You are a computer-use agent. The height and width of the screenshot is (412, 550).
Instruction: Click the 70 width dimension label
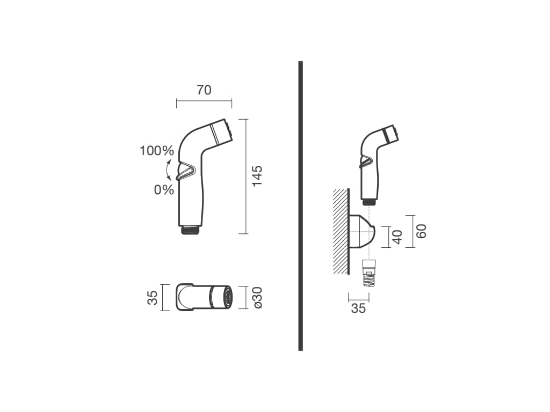(204, 90)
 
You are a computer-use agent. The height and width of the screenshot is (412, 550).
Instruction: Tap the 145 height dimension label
(257, 176)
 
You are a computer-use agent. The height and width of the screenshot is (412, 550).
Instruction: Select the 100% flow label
(157, 151)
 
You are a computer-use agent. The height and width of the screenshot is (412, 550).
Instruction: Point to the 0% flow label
(164, 190)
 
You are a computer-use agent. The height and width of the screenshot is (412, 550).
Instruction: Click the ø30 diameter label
(257, 298)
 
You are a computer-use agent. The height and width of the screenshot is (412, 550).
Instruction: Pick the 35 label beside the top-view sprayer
(153, 298)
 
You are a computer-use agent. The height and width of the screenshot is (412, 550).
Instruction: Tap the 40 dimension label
(397, 237)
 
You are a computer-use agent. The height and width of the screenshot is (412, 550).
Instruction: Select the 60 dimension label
(421, 231)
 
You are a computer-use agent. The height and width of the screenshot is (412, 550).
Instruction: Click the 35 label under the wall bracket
(358, 308)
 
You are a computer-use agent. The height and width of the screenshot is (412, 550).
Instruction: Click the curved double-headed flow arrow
(167, 170)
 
